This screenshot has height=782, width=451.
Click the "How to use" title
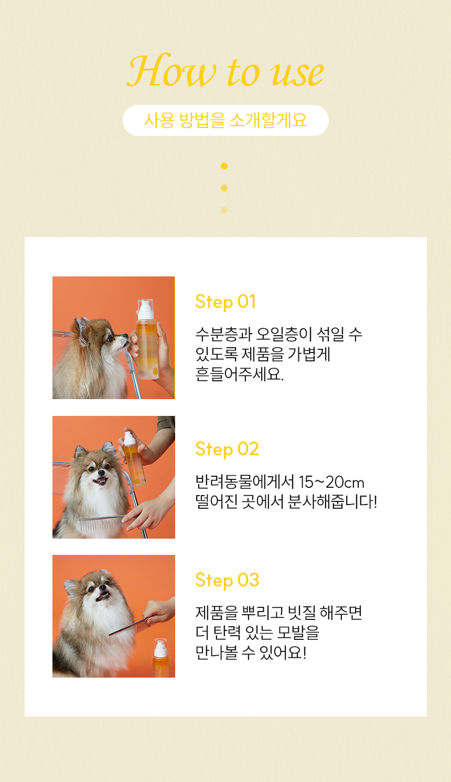coord(225,71)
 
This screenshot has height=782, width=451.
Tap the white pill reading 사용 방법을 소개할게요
coord(225,120)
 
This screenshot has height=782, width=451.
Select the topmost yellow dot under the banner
coord(224,166)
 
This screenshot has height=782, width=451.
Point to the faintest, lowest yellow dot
coord(224,210)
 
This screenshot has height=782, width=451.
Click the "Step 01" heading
coord(225,302)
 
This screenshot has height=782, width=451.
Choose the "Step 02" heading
coord(227,449)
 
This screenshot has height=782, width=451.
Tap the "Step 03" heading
coord(227,580)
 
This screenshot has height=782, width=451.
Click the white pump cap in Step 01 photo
coord(146,309)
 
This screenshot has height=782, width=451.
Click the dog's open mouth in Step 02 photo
coord(100,481)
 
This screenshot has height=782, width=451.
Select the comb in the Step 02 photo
coord(102,523)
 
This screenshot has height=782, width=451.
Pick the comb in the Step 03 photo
coord(128,628)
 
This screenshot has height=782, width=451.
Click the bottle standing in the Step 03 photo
coord(160,658)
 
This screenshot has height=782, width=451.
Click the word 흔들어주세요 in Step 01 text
coord(240,374)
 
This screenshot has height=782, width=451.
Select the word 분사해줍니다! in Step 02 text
coord(332,502)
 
